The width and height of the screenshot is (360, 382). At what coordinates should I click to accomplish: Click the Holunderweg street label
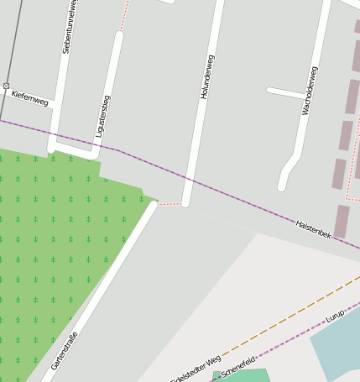207,77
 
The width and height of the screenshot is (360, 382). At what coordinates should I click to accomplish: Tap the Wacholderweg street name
309,90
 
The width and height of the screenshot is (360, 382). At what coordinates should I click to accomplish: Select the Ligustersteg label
103,116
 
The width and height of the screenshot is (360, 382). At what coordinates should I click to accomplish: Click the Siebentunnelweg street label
70,27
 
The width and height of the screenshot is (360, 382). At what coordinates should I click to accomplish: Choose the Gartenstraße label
65,349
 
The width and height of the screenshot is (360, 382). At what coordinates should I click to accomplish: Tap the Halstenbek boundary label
313,229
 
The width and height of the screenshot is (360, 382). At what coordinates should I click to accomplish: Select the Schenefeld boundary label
237,366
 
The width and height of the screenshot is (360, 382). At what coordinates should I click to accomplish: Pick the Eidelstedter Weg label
196,368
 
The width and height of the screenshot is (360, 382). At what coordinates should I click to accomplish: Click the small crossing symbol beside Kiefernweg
6,86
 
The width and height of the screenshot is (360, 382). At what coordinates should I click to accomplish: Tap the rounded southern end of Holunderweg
185,202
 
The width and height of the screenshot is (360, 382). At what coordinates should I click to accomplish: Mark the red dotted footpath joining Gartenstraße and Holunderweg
170,203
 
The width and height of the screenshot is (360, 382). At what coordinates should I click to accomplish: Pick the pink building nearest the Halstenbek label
342,221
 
